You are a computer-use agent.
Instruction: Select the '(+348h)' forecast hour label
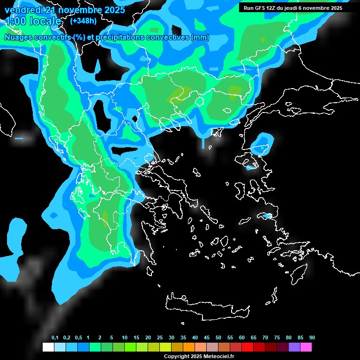point(83,21)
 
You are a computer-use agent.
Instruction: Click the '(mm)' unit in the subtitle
point(200,37)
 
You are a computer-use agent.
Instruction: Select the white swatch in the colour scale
point(48,347)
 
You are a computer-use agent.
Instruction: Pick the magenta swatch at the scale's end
point(306,347)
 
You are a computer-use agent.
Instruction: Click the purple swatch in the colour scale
point(294,347)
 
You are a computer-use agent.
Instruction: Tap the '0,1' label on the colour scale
point(55,338)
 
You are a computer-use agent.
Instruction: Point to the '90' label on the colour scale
point(312,338)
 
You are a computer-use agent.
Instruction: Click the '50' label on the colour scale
point(218,338)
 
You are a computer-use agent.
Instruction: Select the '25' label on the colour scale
point(160,338)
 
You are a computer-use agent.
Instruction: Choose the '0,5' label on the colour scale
point(78,338)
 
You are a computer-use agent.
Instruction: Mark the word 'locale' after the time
point(45,22)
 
